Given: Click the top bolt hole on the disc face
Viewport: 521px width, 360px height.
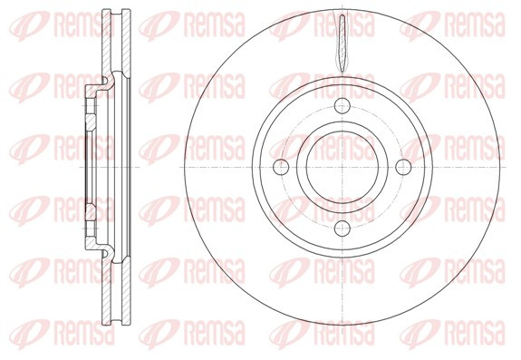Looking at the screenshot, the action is (343, 106).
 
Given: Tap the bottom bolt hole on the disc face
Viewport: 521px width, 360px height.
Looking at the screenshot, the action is (343, 228).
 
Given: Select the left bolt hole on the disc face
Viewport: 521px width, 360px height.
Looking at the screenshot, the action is (281, 167).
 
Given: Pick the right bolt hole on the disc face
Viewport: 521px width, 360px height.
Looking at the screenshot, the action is (403, 167).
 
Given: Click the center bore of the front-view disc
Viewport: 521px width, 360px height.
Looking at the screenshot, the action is (343, 167).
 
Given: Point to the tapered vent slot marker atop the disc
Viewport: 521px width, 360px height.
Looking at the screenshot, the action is (343, 44).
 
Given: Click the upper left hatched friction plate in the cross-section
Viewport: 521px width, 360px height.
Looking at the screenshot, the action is (106, 44).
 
